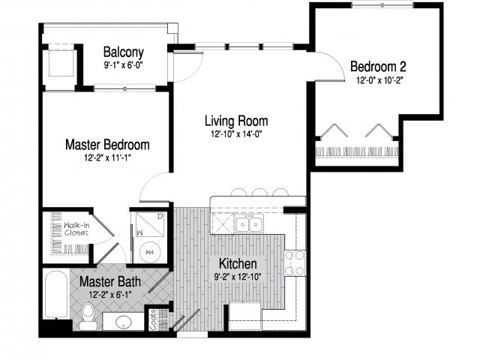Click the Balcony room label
(x=123, y=52)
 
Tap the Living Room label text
(x=236, y=121)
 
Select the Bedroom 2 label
(x=378, y=67)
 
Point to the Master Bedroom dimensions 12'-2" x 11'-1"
(x=108, y=158)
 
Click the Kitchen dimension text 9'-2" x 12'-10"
(x=238, y=277)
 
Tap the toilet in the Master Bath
(x=88, y=316)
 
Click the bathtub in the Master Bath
(x=56, y=295)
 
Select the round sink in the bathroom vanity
(x=123, y=322)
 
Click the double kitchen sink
(x=249, y=224)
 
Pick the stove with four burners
(x=295, y=262)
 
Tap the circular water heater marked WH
(x=150, y=253)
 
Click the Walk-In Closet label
(x=76, y=229)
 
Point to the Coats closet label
(x=153, y=320)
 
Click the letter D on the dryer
(x=160, y=217)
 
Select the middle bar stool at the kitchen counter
(x=259, y=193)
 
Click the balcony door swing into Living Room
(x=193, y=72)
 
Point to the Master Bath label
(x=110, y=281)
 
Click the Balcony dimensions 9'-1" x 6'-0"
(x=124, y=65)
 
